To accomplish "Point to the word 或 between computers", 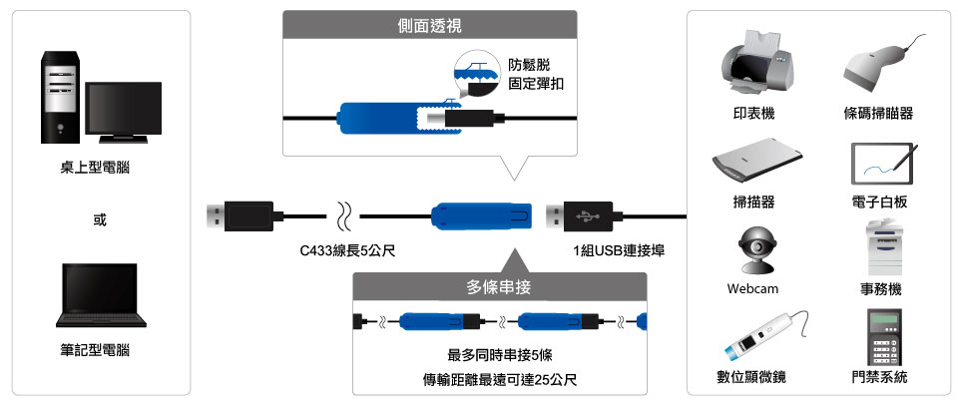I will click(99, 219).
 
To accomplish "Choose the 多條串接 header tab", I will click(499, 287).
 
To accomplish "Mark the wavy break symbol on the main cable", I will click(342, 214).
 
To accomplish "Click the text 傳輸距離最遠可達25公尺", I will click(500, 380).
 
